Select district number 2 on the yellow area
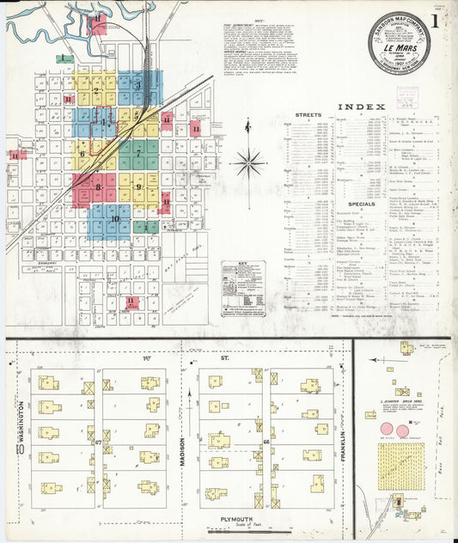(96, 90)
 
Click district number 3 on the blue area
(137, 85)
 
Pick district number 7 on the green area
(137, 155)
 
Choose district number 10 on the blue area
(113, 219)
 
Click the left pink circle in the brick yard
(385, 429)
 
